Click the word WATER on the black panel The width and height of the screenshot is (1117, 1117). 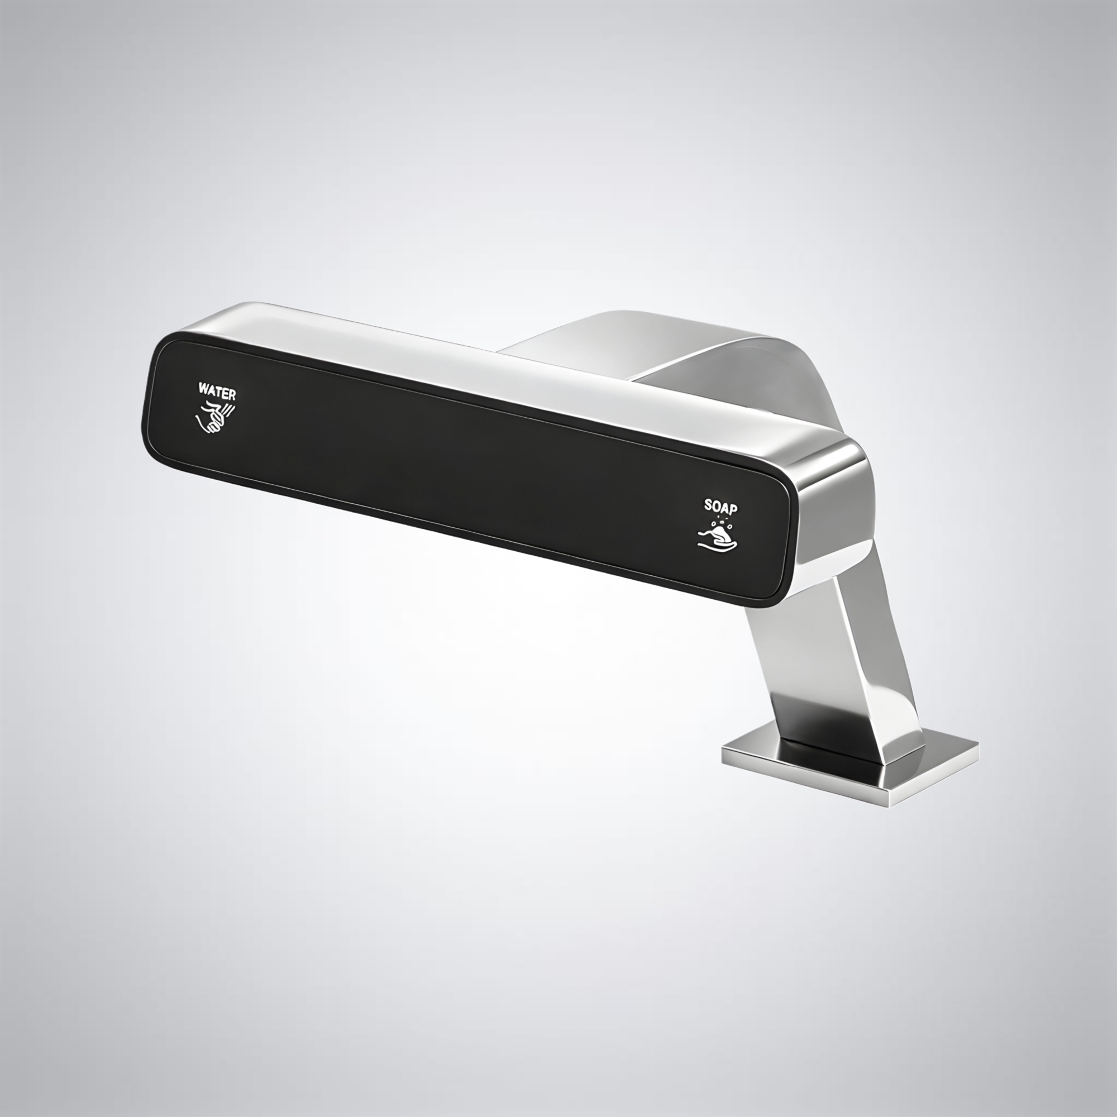[217, 390]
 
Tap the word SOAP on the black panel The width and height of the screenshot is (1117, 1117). [720, 507]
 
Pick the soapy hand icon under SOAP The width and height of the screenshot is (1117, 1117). [717, 533]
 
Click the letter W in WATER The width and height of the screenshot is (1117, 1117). [203, 388]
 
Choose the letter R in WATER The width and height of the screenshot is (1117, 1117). [232, 394]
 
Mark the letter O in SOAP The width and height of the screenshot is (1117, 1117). [716, 506]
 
